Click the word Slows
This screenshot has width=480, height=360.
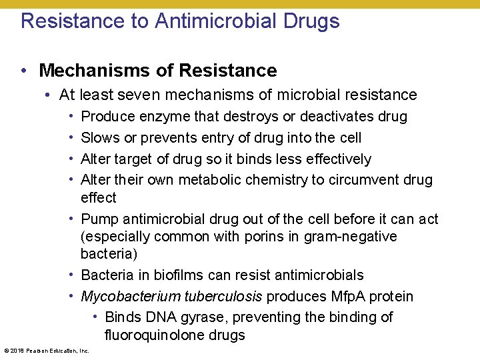pyautogui.click(x=99, y=138)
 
